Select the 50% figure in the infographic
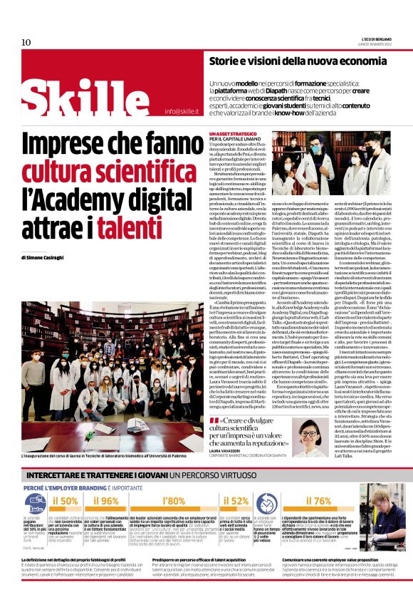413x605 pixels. pyautogui.click(x=66, y=500)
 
